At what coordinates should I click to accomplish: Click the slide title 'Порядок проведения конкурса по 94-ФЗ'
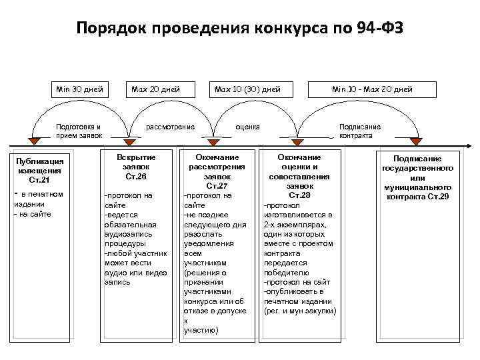point(240,29)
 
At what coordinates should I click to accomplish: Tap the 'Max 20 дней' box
point(156,89)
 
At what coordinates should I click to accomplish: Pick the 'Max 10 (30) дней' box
point(246,89)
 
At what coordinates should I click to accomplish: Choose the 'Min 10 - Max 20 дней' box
point(372,89)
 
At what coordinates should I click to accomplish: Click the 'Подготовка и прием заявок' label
point(80,131)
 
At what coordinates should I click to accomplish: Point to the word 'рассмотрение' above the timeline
point(171,127)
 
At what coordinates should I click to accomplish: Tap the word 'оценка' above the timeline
point(249,127)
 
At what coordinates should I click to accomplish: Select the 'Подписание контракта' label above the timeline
point(360,131)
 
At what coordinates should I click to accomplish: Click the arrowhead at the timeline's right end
point(470,145)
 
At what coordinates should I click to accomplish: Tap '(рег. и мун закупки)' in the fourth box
point(300,311)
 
